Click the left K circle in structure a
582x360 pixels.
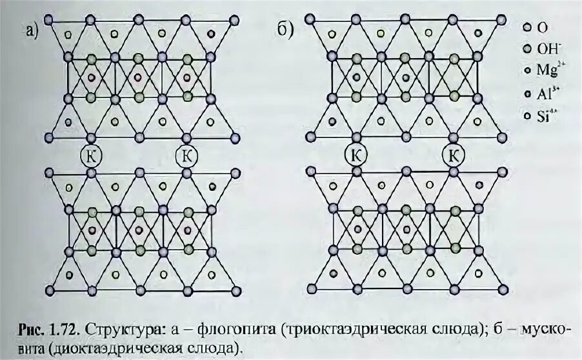click(90, 155)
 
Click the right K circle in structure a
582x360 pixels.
click(186, 155)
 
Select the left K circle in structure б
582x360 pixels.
click(356, 155)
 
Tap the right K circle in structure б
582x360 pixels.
click(454, 155)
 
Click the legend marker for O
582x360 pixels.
click(527, 28)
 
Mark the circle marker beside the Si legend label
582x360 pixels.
click(527, 116)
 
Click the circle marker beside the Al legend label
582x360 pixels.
click(527, 94)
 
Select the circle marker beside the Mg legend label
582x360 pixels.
click(527, 71)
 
